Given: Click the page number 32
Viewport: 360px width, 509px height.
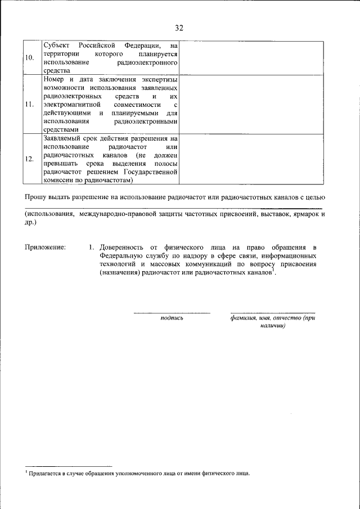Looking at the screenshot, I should (179, 28).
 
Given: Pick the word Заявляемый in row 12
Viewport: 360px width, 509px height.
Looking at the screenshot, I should (62, 138).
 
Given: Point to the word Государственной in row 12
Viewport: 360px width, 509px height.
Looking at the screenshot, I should (150, 173).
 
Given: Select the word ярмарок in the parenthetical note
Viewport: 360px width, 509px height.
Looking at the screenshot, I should (300, 214).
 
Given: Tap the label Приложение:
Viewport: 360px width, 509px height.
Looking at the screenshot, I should (45, 247).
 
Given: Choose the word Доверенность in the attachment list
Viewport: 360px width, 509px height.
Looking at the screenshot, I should (123, 247).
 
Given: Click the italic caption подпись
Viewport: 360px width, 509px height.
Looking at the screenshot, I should (172, 318).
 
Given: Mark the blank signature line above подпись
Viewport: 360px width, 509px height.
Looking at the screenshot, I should (172, 312).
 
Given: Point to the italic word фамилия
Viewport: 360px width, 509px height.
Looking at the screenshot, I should (243, 318).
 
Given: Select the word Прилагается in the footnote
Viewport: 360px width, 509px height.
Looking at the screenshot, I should (44, 474).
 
